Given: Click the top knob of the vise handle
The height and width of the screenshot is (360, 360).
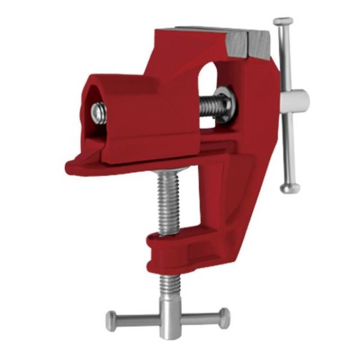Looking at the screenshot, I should point(283,22).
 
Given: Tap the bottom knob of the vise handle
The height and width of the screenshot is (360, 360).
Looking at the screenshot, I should point(290,188).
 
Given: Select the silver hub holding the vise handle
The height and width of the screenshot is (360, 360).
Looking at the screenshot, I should point(295,100).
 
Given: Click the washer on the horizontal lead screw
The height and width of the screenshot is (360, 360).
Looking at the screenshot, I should point(226,105).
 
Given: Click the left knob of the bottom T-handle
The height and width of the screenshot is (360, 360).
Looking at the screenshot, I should point(112,320).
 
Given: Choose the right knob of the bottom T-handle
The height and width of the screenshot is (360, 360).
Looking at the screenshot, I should point(223,317).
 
